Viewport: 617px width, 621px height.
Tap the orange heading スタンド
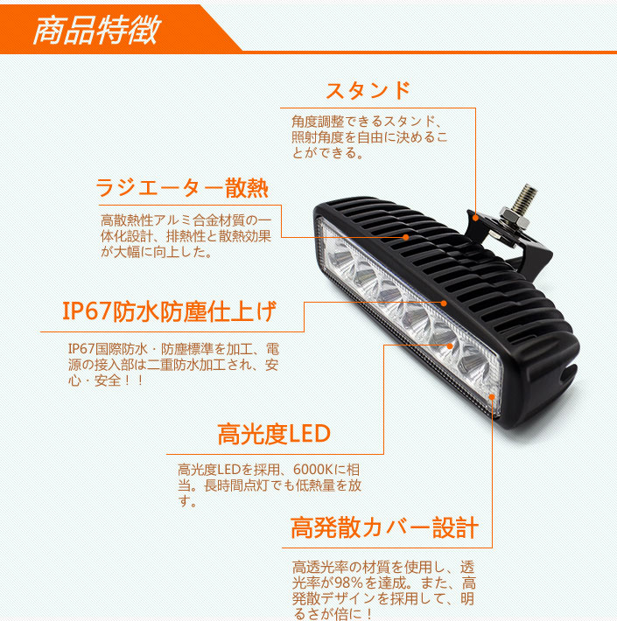pyautogui.click(x=368, y=90)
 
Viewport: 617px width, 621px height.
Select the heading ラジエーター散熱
pyautogui.click(x=181, y=188)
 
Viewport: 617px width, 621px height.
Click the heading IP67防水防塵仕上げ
pyautogui.click(x=169, y=310)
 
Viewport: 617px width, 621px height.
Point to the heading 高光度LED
pyautogui.click(x=273, y=434)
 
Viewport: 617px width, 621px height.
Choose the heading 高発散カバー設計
pyautogui.click(x=385, y=528)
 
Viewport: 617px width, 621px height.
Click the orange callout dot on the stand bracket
pyautogui.click(x=476, y=217)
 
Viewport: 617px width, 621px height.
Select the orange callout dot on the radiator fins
pyautogui.click(x=406, y=237)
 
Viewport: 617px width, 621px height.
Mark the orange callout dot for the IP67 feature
pyautogui.click(x=445, y=304)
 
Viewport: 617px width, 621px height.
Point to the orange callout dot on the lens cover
pyautogui.click(x=493, y=397)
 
